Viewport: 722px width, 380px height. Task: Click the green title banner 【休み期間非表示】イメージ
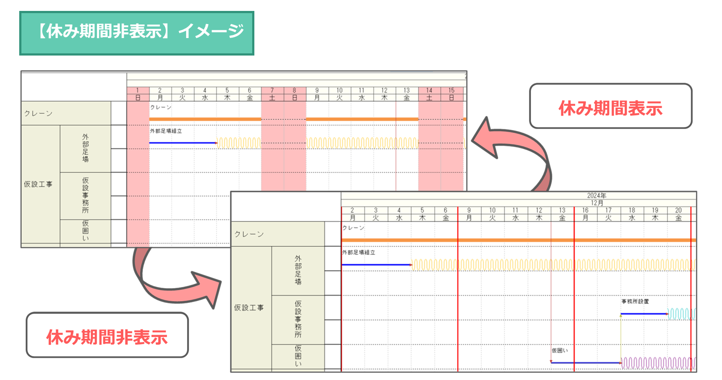(x=136, y=33)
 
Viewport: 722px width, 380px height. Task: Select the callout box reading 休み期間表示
(x=610, y=106)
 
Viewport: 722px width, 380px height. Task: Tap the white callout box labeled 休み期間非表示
(x=107, y=335)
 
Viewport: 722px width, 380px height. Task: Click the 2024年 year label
(x=597, y=195)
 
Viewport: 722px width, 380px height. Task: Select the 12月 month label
(x=597, y=203)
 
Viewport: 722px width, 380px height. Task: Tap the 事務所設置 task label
(x=635, y=301)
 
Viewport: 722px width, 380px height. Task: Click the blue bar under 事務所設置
(x=644, y=314)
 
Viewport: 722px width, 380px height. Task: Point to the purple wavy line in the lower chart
(x=658, y=363)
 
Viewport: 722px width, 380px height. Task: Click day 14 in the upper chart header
(x=429, y=91)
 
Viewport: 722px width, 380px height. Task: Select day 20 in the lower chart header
(x=678, y=210)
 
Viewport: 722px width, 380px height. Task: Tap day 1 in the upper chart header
(x=138, y=91)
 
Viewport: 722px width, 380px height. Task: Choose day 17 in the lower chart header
(x=608, y=210)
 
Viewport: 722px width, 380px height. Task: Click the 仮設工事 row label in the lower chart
(x=249, y=308)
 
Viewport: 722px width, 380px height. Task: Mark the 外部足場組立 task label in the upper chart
(x=166, y=131)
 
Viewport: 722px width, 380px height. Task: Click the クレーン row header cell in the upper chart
(x=66, y=113)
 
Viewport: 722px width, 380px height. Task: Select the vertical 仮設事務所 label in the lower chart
(x=298, y=319)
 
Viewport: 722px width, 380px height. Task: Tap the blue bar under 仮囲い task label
(x=586, y=363)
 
